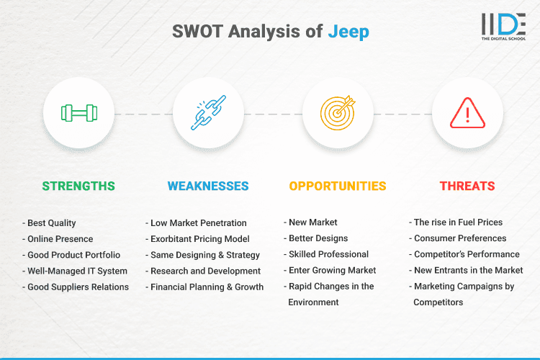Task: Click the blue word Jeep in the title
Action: click(349, 31)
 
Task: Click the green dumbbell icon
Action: click(78, 113)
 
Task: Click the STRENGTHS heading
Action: click(78, 186)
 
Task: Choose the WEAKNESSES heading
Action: click(208, 186)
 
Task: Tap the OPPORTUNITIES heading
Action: click(338, 186)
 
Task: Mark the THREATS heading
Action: click(467, 186)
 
